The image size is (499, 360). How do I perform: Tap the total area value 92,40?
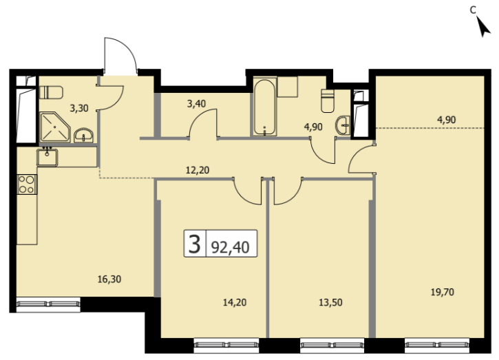point(230,247)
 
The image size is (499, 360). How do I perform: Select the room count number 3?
point(195,244)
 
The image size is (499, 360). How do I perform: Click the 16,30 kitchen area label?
point(109,279)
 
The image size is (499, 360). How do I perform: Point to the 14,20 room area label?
point(235,302)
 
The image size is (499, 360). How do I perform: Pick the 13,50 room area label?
point(330,302)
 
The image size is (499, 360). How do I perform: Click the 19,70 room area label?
point(443,292)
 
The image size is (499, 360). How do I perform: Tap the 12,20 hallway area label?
point(198,170)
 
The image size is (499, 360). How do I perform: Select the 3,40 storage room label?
point(196,104)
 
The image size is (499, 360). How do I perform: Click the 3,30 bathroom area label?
point(79,108)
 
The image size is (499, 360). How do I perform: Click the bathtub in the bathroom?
point(264,107)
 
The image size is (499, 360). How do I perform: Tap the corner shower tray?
point(55,127)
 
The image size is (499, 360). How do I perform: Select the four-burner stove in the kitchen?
point(26,184)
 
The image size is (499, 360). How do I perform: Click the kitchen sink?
point(47,157)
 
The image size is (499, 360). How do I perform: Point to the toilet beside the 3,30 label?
point(51,93)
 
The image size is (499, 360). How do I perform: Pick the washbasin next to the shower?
point(84,136)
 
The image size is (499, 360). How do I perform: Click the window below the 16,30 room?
point(48,304)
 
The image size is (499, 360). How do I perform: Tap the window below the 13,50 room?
point(332,344)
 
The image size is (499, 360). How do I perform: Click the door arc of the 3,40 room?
point(199,117)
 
